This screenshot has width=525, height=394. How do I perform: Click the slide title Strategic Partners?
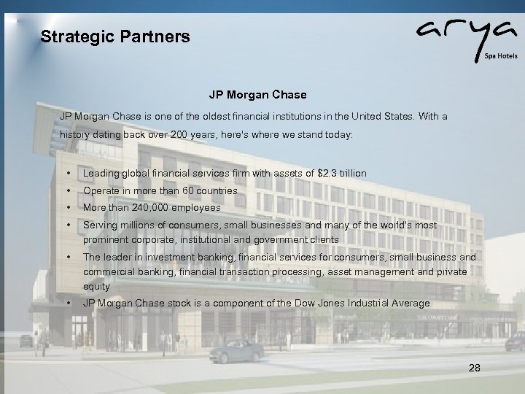pos(115,36)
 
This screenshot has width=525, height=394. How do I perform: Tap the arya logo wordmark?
pos(453,33)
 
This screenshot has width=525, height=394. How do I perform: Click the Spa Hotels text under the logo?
pos(498,55)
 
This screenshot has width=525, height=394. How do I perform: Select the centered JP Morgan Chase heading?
pos(257,95)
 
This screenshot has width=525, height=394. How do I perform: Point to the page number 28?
pos(474,368)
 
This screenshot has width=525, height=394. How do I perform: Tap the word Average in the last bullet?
pos(409,304)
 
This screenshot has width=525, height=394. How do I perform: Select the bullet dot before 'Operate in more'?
pos(68,191)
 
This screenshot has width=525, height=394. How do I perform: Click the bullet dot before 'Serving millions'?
pos(68,225)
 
